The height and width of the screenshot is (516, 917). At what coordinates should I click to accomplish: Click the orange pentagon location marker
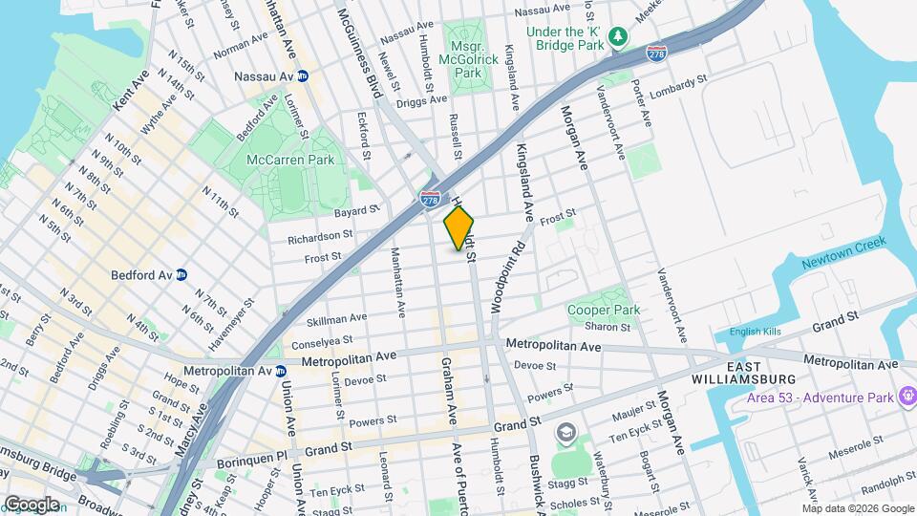pyautogui.click(x=459, y=228)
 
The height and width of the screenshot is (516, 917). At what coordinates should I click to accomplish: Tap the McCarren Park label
pyautogui.click(x=290, y=160)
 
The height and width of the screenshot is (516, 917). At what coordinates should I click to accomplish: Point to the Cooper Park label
pyautogui.click(x=603, y=310)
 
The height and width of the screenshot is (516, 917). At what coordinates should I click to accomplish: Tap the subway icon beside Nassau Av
pyautogui.click(x=303, y=75)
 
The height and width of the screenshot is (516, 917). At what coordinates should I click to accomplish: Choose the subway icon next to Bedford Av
pyautogui.click(x=181, y=275)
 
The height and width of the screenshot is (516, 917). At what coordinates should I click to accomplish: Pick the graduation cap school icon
pyautogui.click(x=567, y=436)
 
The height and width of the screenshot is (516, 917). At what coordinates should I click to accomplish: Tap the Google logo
pyautogui.click(x=32, y=504)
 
